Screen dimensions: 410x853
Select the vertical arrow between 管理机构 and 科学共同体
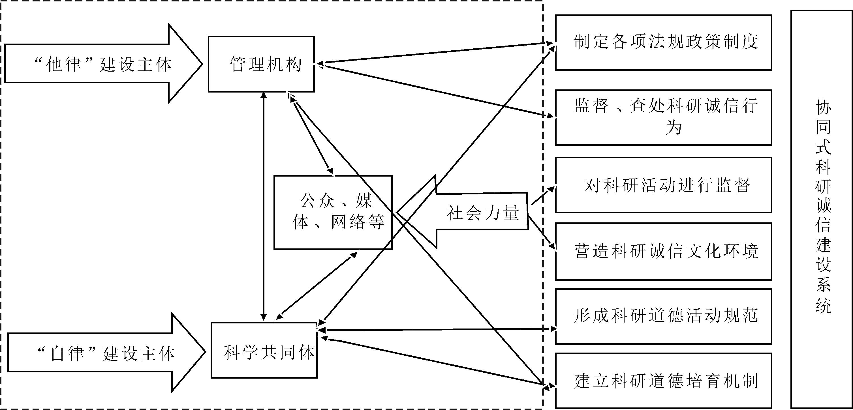point(264,205)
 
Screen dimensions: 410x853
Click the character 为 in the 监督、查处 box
point(674,127)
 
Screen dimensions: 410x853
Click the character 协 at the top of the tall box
point(823,108)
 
